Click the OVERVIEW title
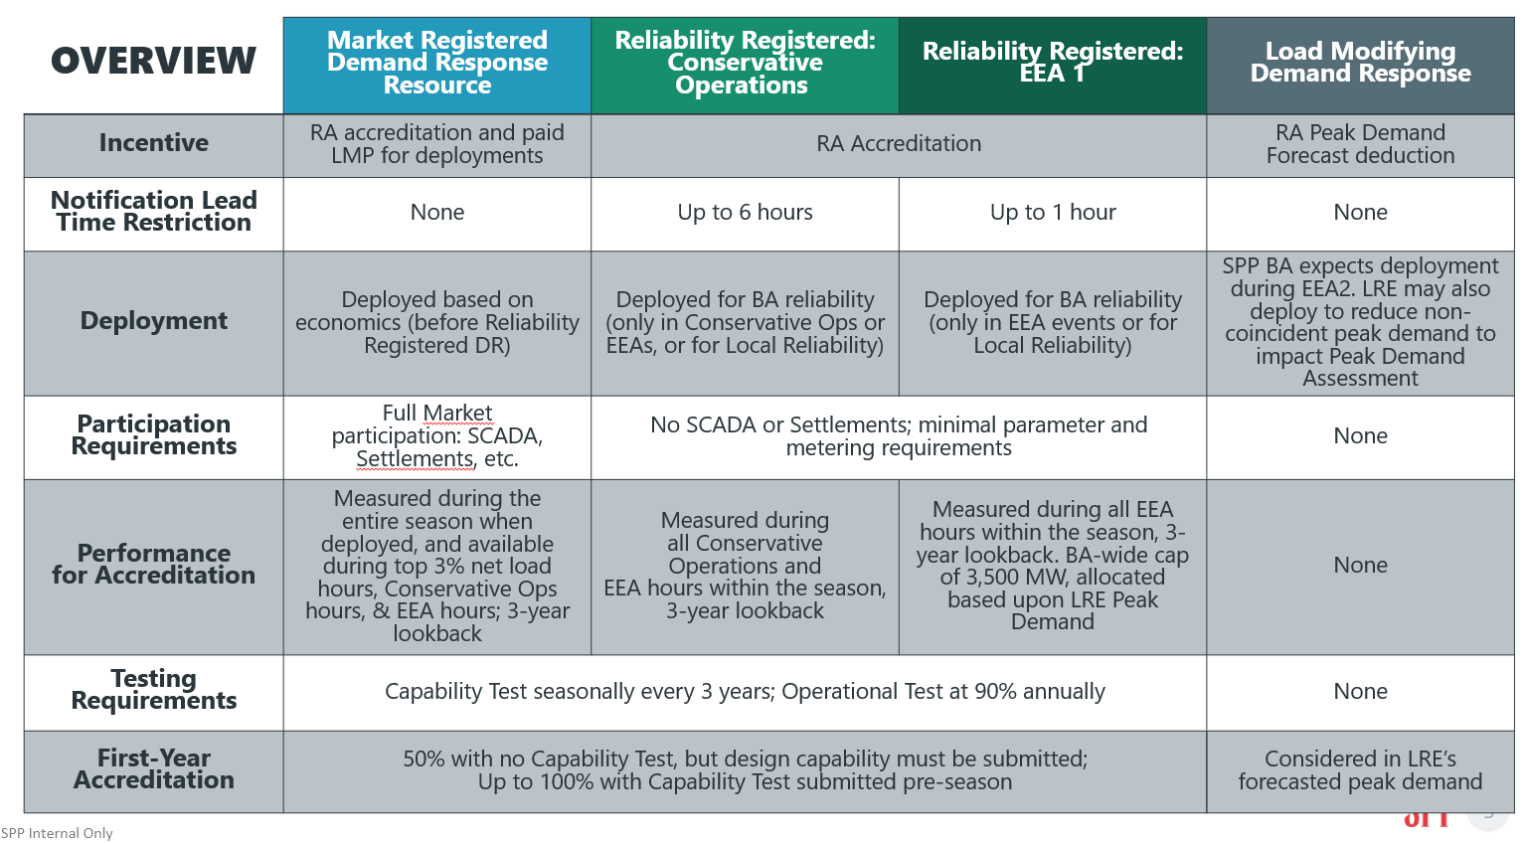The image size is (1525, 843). (x=153, y=62)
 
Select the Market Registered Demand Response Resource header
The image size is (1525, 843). (x=437, y=63)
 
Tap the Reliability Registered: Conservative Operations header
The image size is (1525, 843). (x=745, y=63)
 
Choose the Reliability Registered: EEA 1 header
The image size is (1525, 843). (x=1052, y=63)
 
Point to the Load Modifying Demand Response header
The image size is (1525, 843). (x=1360, y=63)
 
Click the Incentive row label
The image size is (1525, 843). (x=153, y=143)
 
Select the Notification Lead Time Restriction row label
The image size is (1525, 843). (x=153, y=212)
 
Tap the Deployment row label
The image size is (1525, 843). (x=153, y=321)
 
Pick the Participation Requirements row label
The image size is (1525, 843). (x=153, y=435)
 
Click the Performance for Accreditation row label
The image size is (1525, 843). (x=153, y=565)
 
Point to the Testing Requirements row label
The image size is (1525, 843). (x=153, y=690)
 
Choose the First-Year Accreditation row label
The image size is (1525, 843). (x=153, y=769)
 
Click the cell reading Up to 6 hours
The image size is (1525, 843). (x=745, y=213)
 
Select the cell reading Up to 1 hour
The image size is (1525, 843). (x=1052, y=213)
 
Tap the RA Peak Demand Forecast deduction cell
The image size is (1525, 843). (x=1360, y=144)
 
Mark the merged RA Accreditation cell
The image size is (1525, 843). (x=899, y=144)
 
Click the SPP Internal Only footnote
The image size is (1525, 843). (x=57, y=833)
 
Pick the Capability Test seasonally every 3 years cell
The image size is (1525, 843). (x=745, y=692)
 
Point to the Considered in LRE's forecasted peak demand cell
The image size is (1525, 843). (x=1360, y=770)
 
